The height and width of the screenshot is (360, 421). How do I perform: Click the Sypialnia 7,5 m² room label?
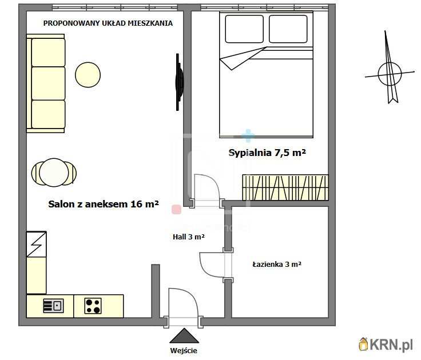click(267, 153)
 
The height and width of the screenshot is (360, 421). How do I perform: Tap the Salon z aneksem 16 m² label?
click(104, 204)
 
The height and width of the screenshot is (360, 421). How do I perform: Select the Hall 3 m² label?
click(189, 237)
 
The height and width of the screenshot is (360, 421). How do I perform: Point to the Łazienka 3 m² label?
click(277, 264)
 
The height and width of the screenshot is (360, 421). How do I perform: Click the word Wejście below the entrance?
click(184, 351)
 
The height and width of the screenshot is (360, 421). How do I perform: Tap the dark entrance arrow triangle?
click(184, 336)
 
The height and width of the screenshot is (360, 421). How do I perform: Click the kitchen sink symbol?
click(53, 306)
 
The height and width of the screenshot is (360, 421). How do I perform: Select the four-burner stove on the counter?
click(93, 306)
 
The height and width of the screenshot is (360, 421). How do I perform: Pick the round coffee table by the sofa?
click(88, 75)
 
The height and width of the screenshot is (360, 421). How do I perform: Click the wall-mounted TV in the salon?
click(179, 82)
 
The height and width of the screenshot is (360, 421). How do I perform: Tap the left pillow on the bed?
click(244, 29)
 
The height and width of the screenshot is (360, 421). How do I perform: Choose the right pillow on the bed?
click(288, 29)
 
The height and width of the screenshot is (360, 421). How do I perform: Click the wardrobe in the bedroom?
click(285, 187)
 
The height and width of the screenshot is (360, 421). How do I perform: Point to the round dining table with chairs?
click(54, 173)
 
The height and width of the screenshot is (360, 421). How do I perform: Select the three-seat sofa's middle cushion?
click(48, 83)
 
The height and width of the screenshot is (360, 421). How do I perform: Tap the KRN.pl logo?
click(386, 344)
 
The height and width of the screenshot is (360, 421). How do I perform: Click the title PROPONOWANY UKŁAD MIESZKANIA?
click(108, 23)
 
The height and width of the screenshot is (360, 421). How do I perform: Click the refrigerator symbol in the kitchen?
click(36, 244)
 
